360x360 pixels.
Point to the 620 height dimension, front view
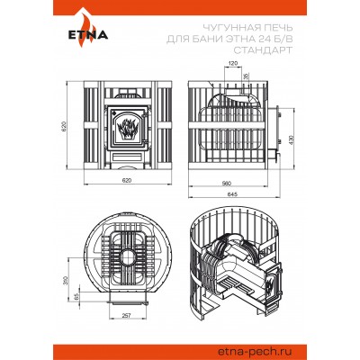coord(63,128)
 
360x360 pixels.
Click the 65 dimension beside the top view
coord(76,293)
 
